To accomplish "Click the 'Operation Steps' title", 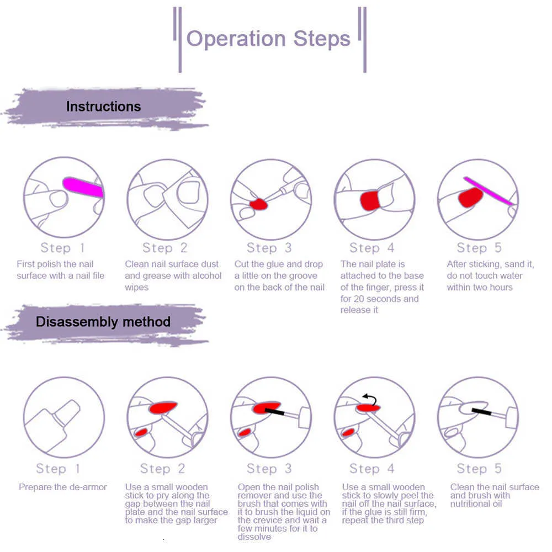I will click(268, 39).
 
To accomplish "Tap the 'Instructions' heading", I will click(103, 107).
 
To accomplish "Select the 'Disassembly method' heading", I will click(103, 322).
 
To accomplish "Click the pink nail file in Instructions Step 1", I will click(83, 187).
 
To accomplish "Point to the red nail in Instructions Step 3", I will click(258, 204).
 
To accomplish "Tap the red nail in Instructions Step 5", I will click(470, 197).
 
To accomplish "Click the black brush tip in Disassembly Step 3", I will click(274, 412).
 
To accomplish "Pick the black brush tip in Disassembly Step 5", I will click(481, 411).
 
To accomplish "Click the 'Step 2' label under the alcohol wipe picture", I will click(165, 248).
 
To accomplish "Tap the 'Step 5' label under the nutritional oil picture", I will click(479, 469).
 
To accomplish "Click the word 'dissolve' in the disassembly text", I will click(254, 537).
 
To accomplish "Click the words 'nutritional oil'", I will click(476, 503).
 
